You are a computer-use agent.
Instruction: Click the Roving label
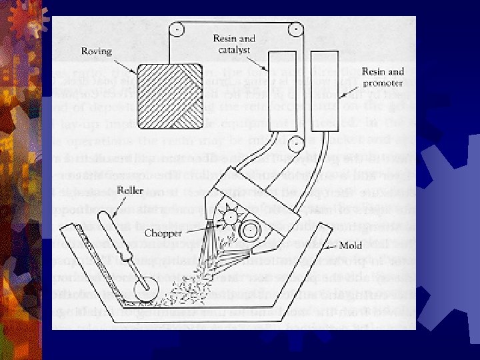(97, 51)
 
